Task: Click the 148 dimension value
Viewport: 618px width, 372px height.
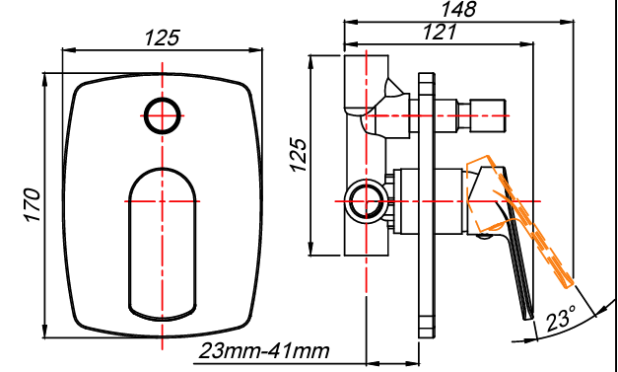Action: (458, 9)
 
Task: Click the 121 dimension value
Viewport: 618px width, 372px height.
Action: (440, 32)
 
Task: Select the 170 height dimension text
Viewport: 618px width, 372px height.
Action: (34, 205)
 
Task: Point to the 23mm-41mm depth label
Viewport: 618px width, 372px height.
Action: (264, 350)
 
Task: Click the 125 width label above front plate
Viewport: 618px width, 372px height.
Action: (163, 38)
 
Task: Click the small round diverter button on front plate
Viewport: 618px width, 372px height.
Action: (163, 115)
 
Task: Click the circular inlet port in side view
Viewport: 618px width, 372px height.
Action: (367, 198)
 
